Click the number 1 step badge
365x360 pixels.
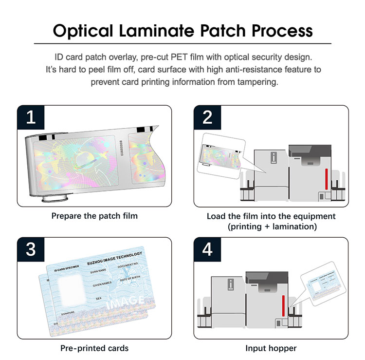(x=31, y=117)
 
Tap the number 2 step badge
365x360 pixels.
(x=207, y=117)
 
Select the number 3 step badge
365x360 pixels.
(x=31, y=249)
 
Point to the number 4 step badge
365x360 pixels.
(x=207, y=249)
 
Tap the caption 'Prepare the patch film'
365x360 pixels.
(x=94, y=215)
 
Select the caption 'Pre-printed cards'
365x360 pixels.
(x=94, y=348)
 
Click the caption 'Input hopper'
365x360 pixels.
(x=271, y=348)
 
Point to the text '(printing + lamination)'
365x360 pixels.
(x=271, y=227)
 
